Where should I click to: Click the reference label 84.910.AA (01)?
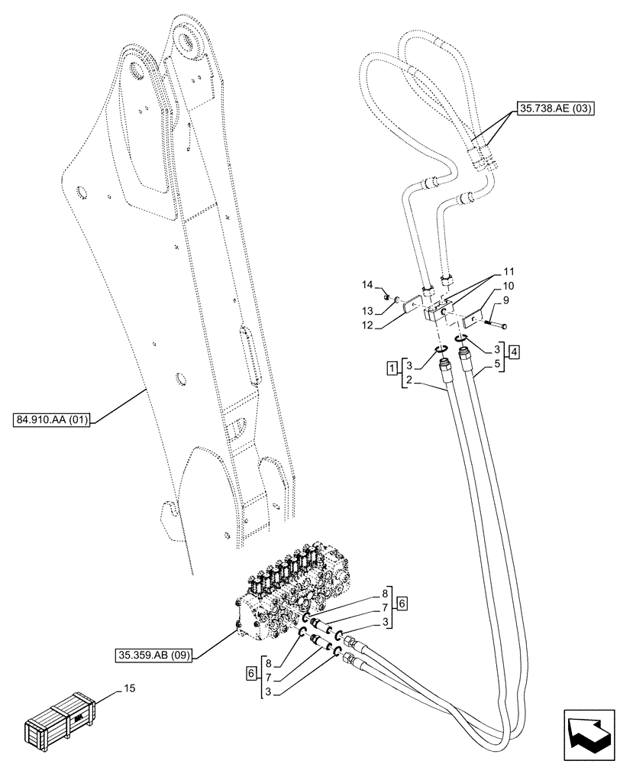52,419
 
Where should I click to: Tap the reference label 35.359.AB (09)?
155,654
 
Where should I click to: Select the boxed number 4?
516,353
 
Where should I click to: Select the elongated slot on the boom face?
250,355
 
